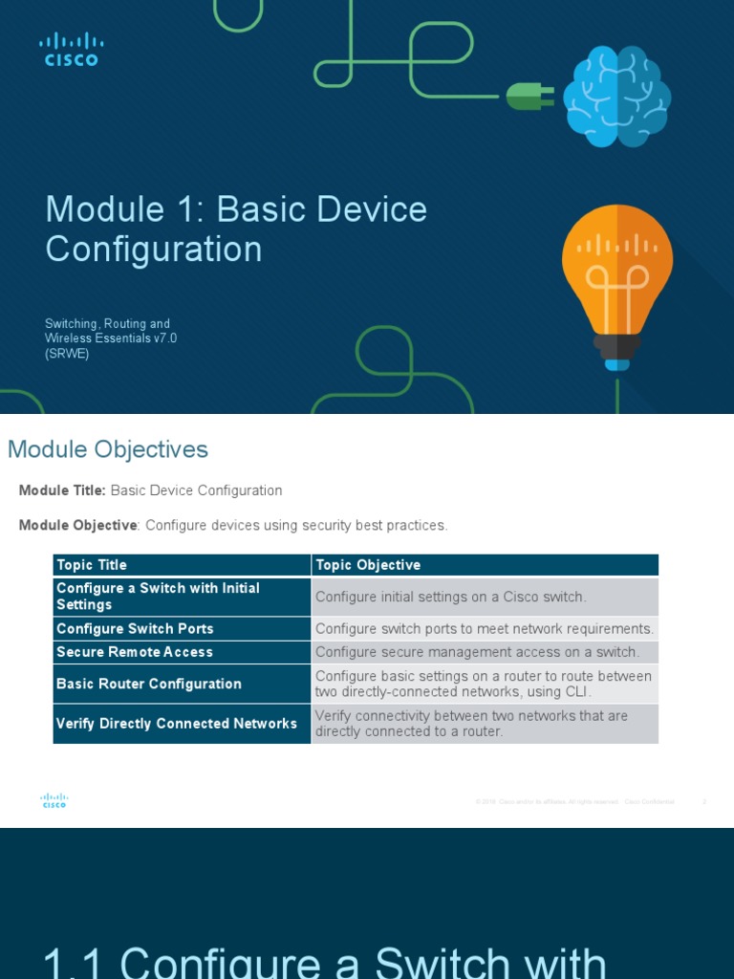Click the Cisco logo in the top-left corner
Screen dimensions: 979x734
coord(72,50)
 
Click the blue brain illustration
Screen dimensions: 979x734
coord(616,97)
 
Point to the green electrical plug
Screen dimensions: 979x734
coord(529,96)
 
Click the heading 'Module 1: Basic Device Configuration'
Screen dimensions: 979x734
coord(236,228)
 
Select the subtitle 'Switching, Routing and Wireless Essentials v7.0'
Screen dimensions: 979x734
coord(111,331)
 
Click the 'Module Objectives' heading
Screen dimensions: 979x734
coord(108,449)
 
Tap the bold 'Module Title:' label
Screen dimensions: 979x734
coord(62,490)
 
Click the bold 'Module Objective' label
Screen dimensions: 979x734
coord(78,525)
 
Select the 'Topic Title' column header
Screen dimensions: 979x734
coord(92,565)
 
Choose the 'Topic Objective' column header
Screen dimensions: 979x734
coord(368,565)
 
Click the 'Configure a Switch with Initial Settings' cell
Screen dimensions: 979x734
coord(158,597)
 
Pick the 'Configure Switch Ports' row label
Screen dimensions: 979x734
coord(135,628)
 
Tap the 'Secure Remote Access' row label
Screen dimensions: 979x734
coord(135,652)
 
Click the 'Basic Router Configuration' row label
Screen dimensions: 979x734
coord(149,684)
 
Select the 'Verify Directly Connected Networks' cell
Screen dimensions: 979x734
coord(177,724)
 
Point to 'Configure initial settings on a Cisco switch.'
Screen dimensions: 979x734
coord(450,597)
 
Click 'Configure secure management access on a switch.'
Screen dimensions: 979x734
coord(477,652)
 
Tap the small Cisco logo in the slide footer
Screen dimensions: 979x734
coord(54,801)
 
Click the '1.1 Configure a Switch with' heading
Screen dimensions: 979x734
coord(325,961)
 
